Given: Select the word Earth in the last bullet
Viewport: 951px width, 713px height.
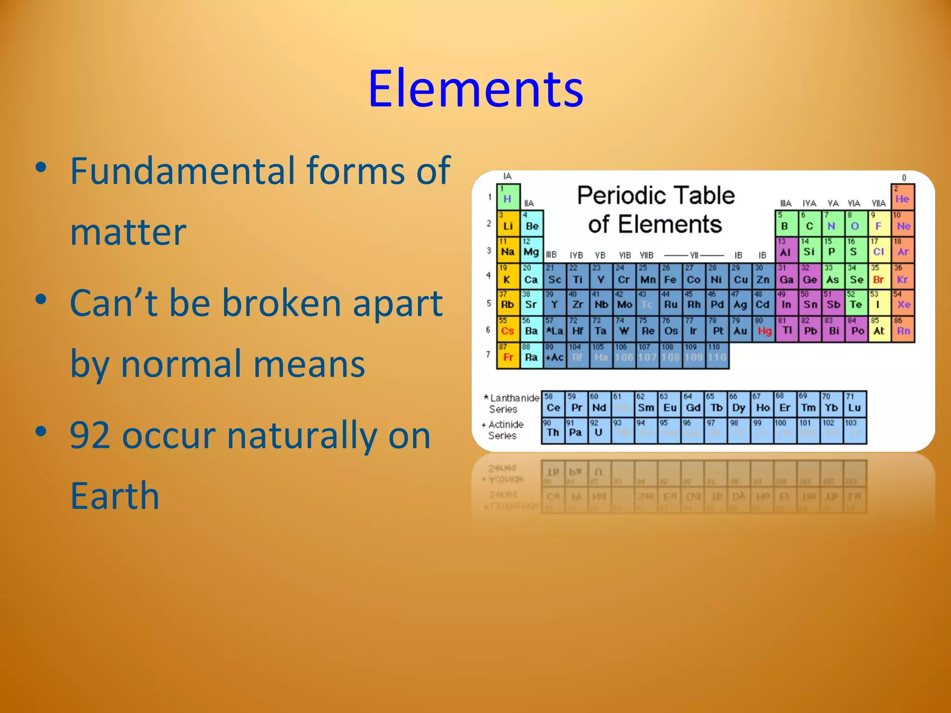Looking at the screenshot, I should point(115,496).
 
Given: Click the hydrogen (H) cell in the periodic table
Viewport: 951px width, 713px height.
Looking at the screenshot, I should point(508,197).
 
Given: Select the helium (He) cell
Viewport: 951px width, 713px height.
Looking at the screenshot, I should point(902,197).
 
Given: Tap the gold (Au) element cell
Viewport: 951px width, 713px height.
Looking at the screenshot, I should point(740,329).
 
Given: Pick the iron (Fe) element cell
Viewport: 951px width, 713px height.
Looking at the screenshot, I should point(671,277).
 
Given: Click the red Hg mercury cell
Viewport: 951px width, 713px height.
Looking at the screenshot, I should point(764,329).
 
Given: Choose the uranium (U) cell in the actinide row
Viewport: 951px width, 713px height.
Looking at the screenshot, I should point(599,431).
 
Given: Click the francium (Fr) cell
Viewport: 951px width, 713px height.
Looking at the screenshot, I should point(508,356).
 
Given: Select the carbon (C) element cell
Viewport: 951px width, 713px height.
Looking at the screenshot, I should point(809,224).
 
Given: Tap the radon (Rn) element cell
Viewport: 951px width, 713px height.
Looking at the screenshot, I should point(903,329).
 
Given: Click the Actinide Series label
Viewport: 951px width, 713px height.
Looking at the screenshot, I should point(504,430).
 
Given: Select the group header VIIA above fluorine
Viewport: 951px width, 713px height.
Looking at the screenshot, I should point(879,203).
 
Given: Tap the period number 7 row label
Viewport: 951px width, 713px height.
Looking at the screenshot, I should point(488,355).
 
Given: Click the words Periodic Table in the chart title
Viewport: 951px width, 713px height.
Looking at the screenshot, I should point(656,195).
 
